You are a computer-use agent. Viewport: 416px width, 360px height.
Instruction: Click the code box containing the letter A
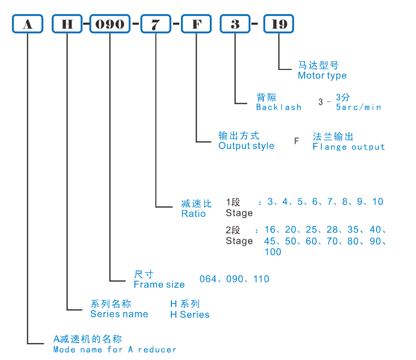(27, 24)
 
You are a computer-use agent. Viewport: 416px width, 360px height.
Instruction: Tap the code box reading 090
(109, 24)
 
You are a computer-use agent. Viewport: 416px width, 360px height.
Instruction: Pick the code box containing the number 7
(156, 24)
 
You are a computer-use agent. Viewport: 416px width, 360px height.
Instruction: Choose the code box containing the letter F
(196, 24)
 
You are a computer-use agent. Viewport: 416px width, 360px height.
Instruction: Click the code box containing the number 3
(235, 24)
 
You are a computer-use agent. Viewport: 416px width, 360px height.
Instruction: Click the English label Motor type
(322, 75)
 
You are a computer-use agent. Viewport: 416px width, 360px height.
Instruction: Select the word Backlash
(278, 107)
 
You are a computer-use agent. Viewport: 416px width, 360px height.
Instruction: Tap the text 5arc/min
(358, 107)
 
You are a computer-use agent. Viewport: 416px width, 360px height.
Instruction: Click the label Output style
(246, 146)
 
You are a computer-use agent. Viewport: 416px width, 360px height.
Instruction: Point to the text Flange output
(349, 147)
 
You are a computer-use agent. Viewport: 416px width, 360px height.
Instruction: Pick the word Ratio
(193, 214)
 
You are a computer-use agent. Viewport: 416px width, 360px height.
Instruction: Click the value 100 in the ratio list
(272, 252)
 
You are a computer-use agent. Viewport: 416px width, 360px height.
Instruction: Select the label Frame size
(159, 285)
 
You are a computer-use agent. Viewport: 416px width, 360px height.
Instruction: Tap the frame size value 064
(208, 279)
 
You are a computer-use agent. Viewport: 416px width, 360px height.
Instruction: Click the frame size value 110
(261, 279)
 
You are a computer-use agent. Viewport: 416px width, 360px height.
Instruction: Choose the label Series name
(119, 314)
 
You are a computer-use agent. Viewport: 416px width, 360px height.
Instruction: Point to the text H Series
(189, 315)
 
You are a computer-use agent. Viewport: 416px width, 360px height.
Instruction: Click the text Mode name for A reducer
(115, 349)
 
